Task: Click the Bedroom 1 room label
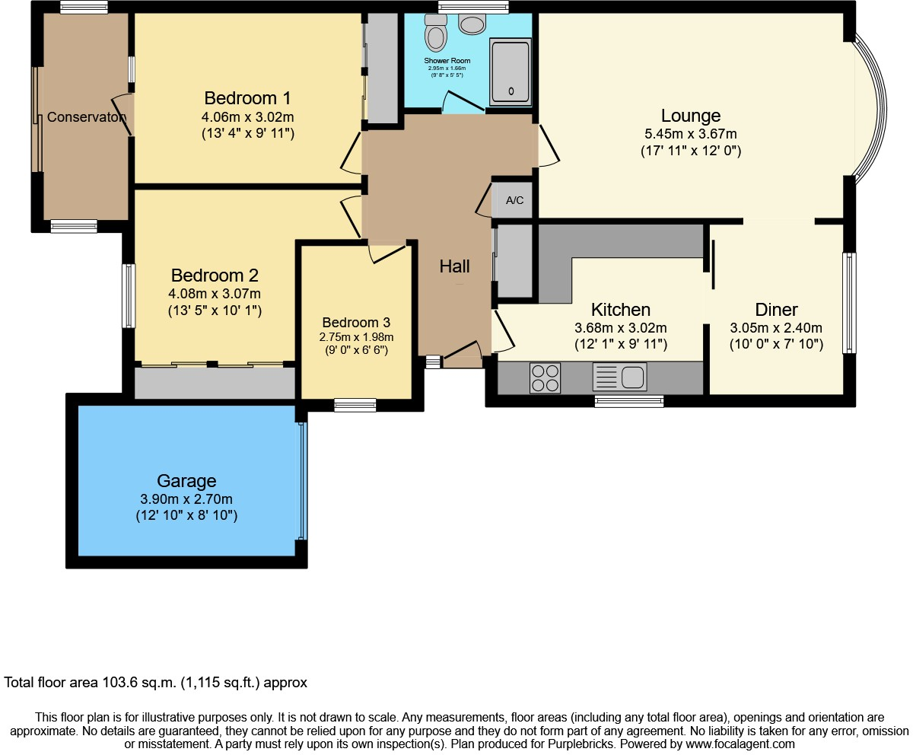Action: pos(247,98)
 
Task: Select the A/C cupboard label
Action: pos(515,201)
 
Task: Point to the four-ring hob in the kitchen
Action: pos(545,377)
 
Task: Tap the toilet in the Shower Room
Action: pos(437,33)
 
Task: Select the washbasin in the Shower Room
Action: pos(472,24)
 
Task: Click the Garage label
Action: pos(186,481)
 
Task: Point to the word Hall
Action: pos(454,266)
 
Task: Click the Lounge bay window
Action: pos(872,107)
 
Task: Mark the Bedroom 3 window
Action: pos(355,405)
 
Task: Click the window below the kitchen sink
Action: pos(628,401)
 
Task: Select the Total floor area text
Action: pos(156,683)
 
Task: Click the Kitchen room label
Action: pos(621,310)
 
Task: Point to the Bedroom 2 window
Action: pos(129,296)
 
